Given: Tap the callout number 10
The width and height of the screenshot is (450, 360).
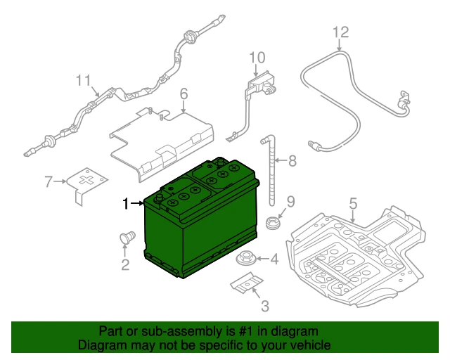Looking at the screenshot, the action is (x=257, y=58).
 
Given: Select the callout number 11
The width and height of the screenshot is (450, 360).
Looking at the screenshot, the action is (x=84, y=80).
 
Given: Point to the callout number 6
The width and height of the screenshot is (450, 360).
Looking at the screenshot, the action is (x=184, y=94).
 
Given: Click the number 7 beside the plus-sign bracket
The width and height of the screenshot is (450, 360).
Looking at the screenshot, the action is (x=49, y=181).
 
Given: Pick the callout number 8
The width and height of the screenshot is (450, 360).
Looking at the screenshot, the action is (x=292, y=160).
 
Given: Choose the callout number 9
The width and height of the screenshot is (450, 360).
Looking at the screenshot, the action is (x=290, y=202).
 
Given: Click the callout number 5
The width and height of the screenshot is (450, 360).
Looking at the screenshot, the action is (x=353, y=203).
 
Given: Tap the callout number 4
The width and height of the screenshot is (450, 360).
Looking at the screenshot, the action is (x=275, y=259).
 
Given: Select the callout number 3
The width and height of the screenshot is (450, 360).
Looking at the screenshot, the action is (x=265, y=306).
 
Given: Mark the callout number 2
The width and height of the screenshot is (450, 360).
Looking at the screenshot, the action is (x=125, y=264).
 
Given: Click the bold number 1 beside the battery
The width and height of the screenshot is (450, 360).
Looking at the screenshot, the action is (x=125, y=203).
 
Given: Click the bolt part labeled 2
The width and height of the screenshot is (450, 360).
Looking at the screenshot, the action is (x=127, y=238).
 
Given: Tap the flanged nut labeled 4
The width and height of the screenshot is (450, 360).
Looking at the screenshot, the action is (x=245, y=257).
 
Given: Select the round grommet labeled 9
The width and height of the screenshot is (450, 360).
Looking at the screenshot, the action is (x=273, y=223).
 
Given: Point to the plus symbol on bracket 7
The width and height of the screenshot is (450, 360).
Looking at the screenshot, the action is (x=89, y=179).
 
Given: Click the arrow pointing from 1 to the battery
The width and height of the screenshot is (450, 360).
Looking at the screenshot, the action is (x=137, y=203).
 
